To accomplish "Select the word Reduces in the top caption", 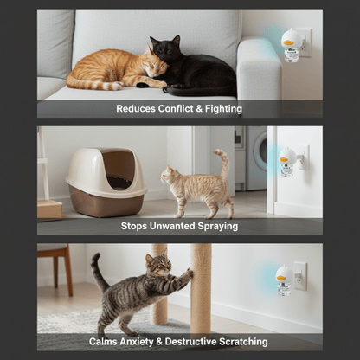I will tap(135, 109).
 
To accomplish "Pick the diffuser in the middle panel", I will tap(287, 160).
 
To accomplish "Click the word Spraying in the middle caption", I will tap(214, 227).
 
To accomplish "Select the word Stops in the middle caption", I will tap(137, 227).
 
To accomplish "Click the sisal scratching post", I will tap(201, 286).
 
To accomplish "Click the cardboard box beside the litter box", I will tap(49, 209).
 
